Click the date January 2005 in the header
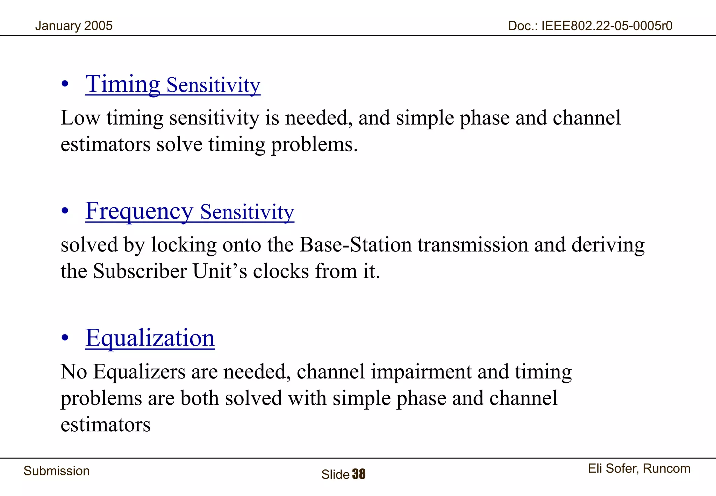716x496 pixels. (74, 26)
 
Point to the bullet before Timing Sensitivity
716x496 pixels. (65, 85)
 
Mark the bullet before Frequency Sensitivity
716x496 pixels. (65, 212)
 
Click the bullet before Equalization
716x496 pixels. (65, 339)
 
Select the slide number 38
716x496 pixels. (359, 474)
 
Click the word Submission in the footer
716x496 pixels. (57, 471)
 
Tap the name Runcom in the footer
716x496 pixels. (666, 468)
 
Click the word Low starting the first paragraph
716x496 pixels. (80, 118)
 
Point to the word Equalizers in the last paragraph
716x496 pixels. (139, 371)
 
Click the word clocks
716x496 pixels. (281, 271)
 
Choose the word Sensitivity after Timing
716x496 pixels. (213, 85)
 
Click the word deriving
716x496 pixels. (608, 245)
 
